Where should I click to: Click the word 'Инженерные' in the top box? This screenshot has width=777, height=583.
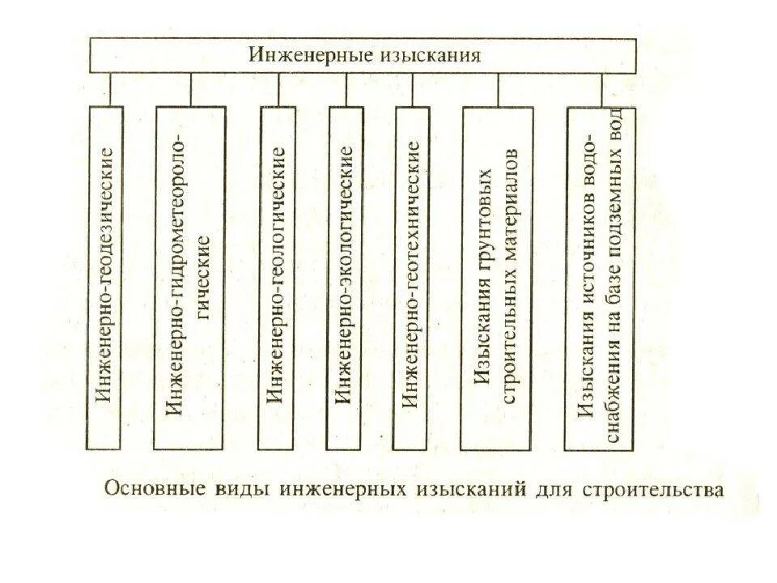tap(308, 56)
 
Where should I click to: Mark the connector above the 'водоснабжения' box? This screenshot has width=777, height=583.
tap(603, 89)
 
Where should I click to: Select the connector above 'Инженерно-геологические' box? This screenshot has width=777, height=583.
tap(278, 89)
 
